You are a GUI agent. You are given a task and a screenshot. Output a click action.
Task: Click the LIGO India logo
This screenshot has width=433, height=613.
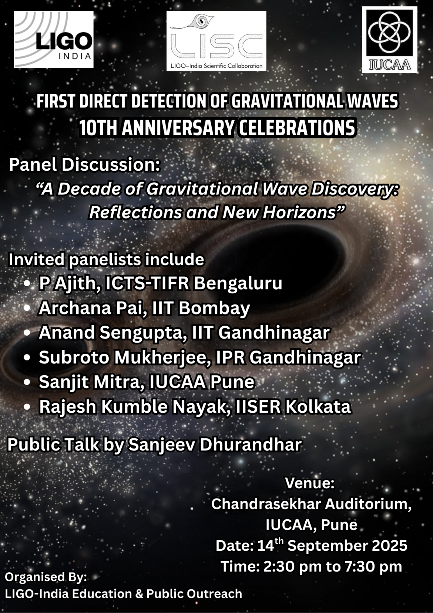pos(54,39)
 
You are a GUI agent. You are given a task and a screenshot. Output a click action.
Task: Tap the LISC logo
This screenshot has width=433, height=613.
pos(216,41)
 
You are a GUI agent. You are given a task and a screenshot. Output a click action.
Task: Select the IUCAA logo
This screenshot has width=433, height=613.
pos(390,40)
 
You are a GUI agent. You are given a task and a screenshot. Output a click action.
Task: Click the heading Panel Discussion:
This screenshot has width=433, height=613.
pos(84,165)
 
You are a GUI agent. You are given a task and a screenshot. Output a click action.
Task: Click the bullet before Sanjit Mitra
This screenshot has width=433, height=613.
pos(27,382)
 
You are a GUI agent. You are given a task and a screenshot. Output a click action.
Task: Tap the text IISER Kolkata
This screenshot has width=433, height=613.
pos(295,407)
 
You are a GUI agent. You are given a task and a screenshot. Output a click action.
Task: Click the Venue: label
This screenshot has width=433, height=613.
pos(310,483)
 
